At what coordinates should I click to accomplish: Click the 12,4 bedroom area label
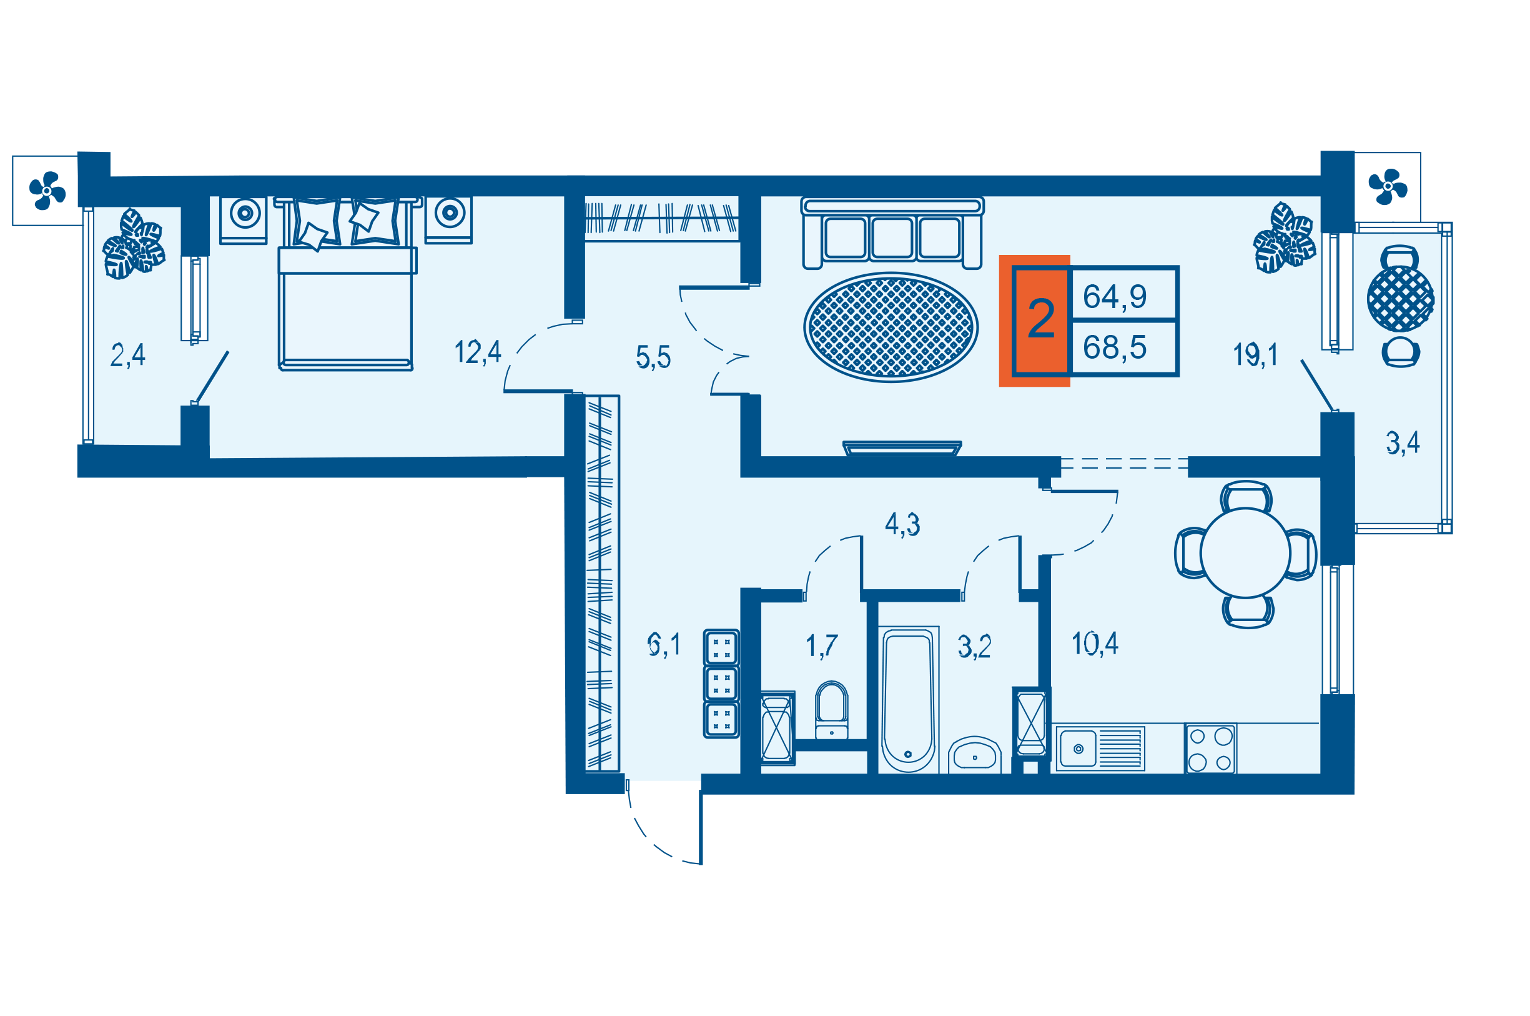(x=477, y=352)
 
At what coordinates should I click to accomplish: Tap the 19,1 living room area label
(x=1254, y=354)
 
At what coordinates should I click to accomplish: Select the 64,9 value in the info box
(x=1114, y=297)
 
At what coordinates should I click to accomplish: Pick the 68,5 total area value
(x=1114, y=347)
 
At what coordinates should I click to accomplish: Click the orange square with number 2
(x=1040, y=320)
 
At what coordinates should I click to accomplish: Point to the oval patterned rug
(x=891, y=327)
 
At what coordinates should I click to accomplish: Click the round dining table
(x=1245, y=553)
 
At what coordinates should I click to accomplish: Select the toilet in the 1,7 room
(x=831, y=710)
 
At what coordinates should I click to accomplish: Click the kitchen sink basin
(x=1077, y=749)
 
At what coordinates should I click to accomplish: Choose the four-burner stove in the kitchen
(x=1210, y=749)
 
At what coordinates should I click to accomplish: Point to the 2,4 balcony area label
(x=127, y=355)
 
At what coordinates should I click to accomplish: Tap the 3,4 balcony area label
(x=1403, y=443)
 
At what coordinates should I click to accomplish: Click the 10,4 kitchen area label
(x=1094, y=644)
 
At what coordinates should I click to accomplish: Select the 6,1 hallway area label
(x=663, y=645)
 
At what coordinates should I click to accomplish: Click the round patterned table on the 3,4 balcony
(x=1400, y=299)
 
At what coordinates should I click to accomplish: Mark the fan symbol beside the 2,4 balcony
(x=47, y=191)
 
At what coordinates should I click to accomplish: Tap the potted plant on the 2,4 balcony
(x=134, y=244)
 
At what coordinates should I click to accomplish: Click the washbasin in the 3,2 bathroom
(x=974, y=755)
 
